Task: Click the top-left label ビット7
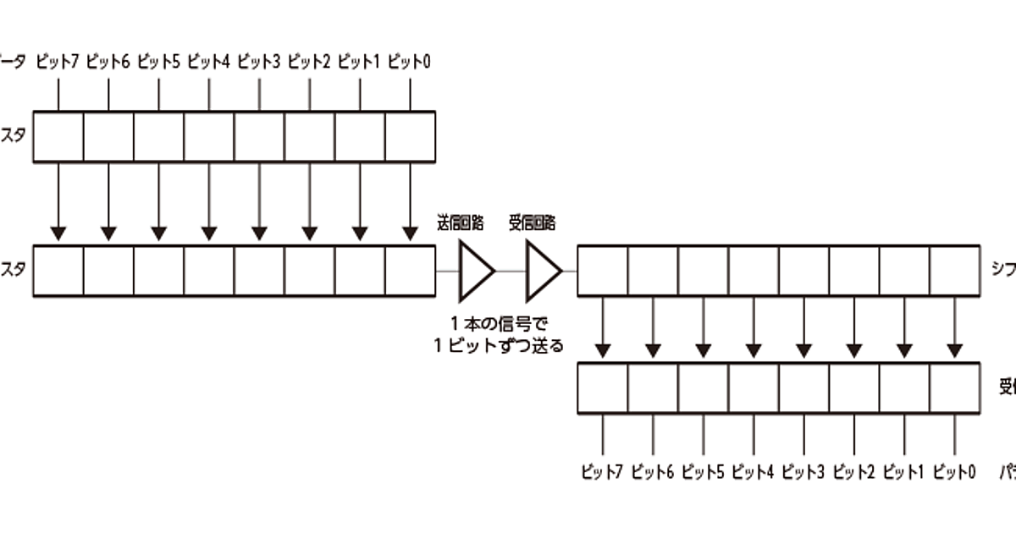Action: [58, 62]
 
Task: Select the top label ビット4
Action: [208, 62]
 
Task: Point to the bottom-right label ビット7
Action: [602, 472]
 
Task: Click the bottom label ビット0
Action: [954, 472]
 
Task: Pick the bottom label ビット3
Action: [803, 472]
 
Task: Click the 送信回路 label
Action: [461, 223]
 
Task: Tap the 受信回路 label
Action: [533, 223]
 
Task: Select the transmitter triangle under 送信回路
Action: [474, 271]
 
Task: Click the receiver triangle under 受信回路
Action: [542, 271]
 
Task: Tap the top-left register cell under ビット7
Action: [58, 136]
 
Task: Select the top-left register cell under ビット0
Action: [410, 136]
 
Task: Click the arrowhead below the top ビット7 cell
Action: [58, 232]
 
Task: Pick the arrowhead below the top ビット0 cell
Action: [410, 232]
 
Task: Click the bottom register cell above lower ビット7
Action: [603, 388]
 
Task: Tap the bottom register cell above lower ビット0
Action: [954, 388]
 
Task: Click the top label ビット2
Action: [309, 62]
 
